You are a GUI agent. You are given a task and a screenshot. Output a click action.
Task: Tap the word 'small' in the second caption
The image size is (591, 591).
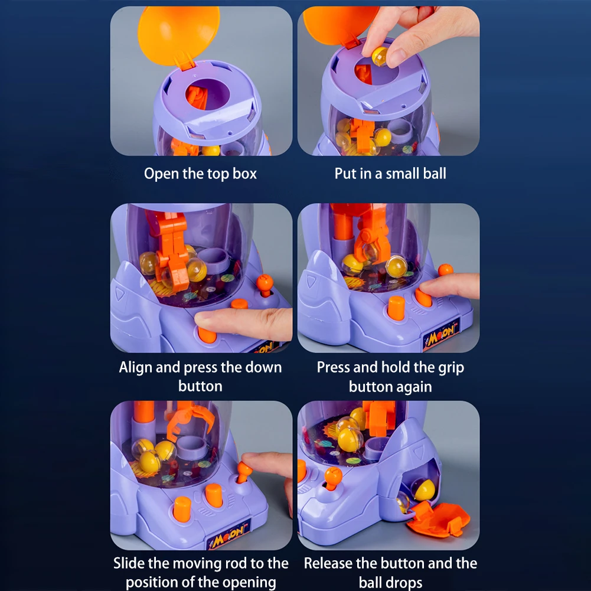405,174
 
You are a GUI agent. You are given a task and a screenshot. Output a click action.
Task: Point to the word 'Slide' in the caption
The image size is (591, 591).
129,563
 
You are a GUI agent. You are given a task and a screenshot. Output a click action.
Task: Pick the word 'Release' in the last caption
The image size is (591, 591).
328,563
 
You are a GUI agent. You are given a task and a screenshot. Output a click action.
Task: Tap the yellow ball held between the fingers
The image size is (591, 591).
380,55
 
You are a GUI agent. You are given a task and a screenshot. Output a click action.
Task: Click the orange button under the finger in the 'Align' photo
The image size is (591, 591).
207,334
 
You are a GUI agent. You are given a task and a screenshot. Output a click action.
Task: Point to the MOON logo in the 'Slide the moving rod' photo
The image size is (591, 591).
228,536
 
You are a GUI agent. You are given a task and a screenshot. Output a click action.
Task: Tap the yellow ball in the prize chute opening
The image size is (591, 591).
423,489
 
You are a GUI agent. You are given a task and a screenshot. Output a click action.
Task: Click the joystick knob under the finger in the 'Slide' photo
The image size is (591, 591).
244,471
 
